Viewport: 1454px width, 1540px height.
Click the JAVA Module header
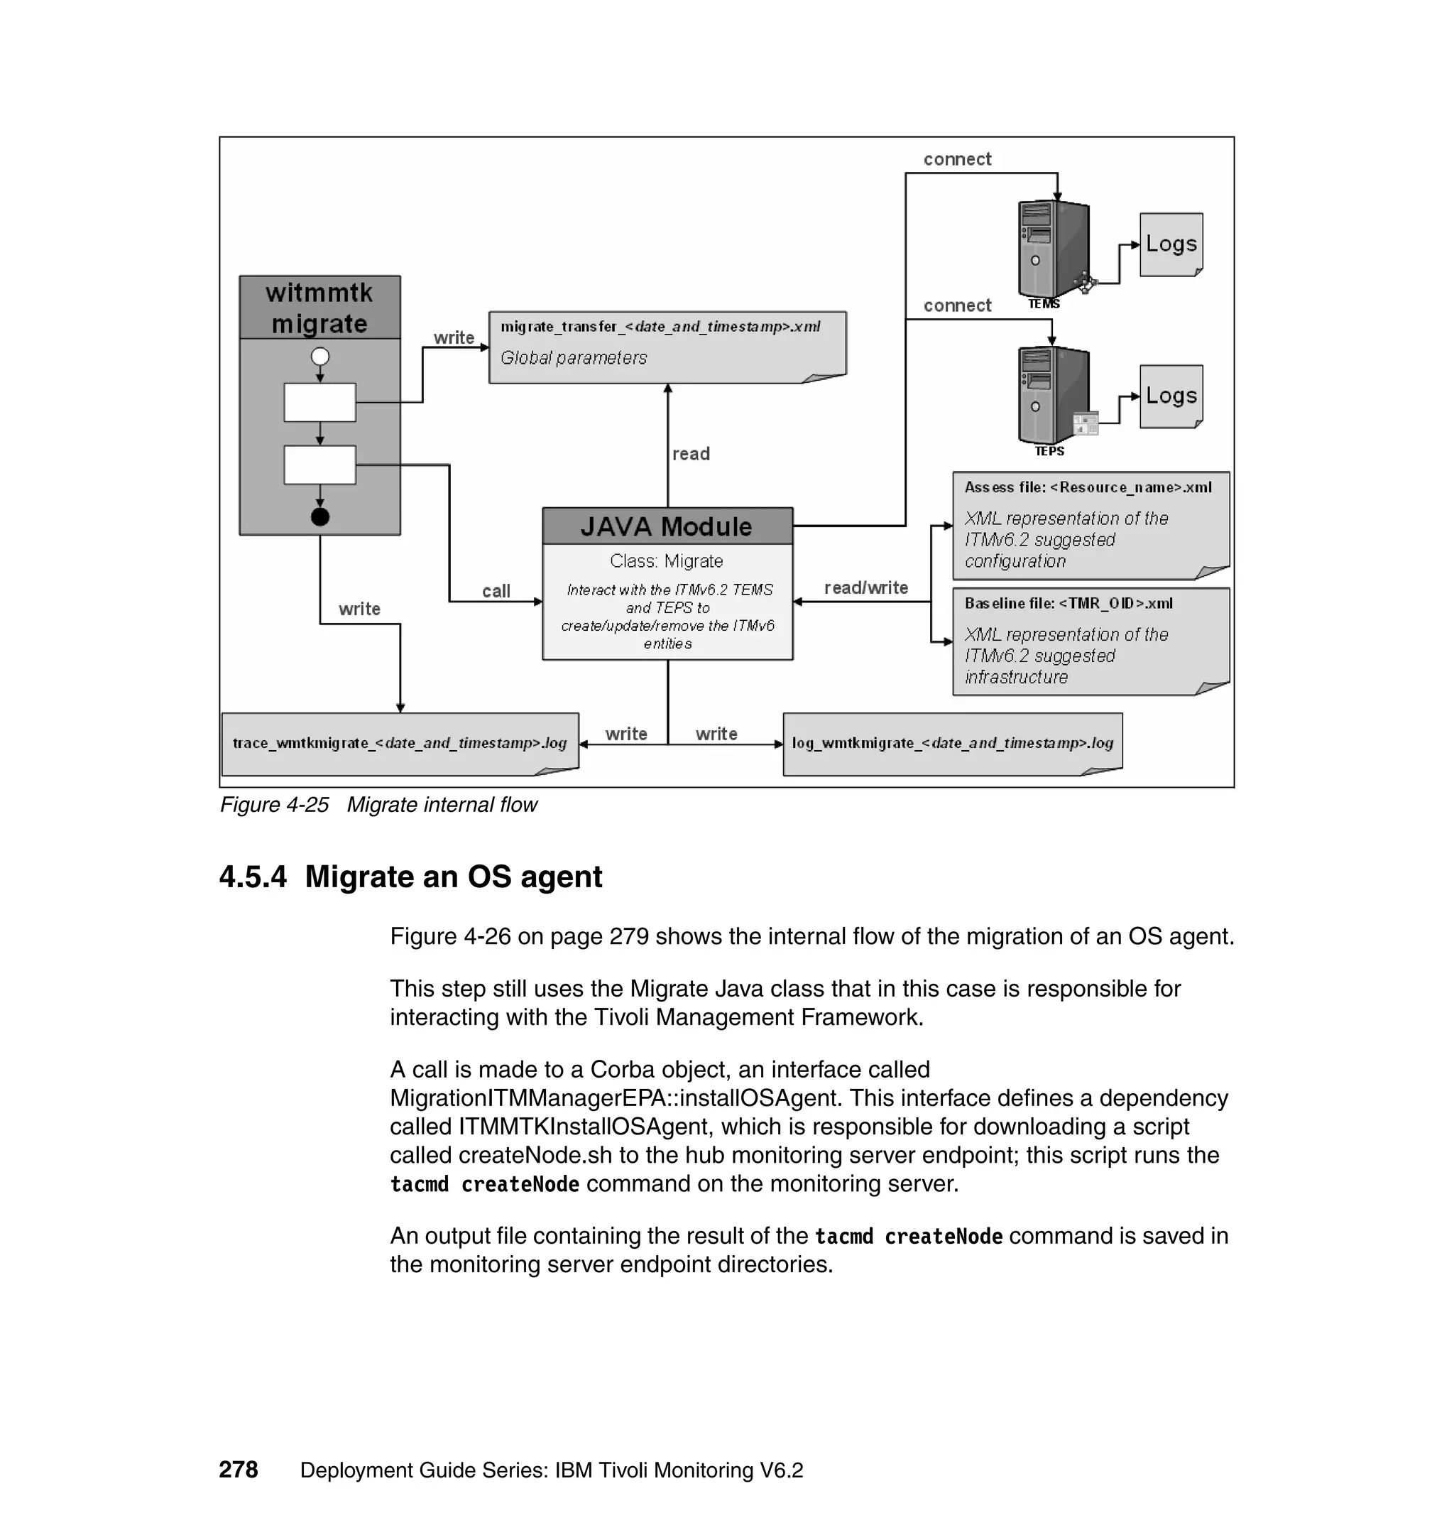click(x=667, y=526)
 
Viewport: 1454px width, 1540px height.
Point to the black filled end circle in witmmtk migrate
click(x=320, y=516)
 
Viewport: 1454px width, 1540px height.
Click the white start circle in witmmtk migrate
click(x=320, y=357)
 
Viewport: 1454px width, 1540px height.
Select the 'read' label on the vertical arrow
click(x=691, y=454)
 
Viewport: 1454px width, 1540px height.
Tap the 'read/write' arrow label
click(x=865, y=587)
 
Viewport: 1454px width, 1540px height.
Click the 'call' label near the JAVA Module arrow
click(x=496, y=591)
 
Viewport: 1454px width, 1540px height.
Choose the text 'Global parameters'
click(x=574, y=357)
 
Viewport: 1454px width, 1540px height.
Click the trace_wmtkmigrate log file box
click(x=400, y=744)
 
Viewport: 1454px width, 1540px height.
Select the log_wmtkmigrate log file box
click(x=953, y=744)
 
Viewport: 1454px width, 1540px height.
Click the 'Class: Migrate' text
click(x=667, y=560)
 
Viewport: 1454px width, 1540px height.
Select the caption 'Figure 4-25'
click(x=274, y=805)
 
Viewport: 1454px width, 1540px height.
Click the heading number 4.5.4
click(x=253, y=877)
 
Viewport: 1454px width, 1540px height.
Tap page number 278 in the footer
click(x=238, y=1470)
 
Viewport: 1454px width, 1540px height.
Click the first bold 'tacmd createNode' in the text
click(x=484, y=1184)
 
